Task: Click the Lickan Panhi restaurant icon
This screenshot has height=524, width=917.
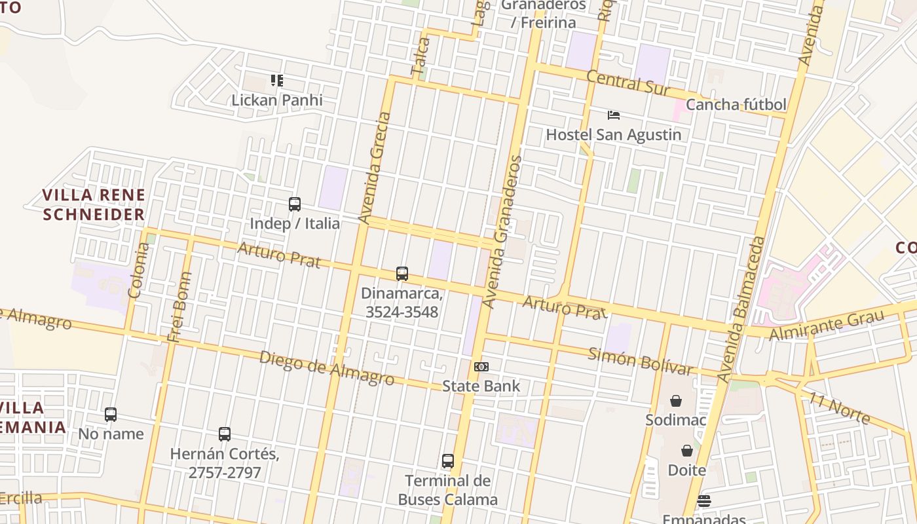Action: coord(277,81)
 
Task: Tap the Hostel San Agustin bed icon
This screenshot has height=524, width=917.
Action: coord(613,115)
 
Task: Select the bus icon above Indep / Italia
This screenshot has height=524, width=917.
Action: coord(295,204)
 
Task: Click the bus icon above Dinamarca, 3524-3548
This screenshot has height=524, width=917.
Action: coord(402,274)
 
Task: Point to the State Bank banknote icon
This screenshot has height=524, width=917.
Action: coord(481,367)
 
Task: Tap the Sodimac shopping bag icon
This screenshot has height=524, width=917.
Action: coord(675,400)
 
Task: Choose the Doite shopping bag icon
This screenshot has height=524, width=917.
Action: coord(686,451)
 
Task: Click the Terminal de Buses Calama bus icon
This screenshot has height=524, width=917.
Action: coord(448,461)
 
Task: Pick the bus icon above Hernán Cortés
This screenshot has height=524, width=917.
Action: coord(225,434)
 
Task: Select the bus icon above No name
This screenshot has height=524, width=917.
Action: coord(111,415)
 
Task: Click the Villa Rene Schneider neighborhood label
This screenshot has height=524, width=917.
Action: coord(94,204)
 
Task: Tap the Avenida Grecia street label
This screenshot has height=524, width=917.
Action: coord(375,168)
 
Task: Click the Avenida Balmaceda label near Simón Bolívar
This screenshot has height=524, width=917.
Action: coord(741,309)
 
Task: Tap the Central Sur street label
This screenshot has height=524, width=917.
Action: coord(627,83)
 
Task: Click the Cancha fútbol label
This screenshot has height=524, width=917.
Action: coord(736,105)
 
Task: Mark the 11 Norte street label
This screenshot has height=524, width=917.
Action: coord(839,407)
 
